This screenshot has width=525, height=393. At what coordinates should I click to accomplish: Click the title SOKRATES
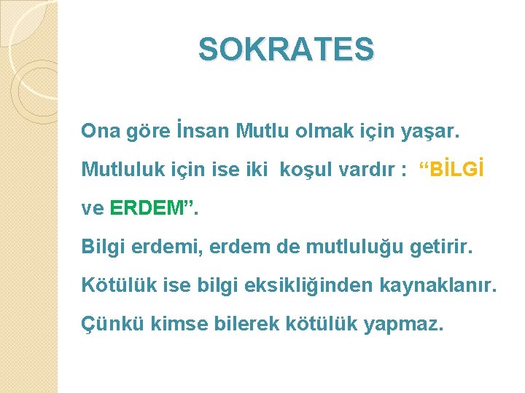point(286,49)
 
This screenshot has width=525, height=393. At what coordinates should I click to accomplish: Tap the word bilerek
point(242,325)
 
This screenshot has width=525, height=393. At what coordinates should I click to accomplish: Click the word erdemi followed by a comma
point(172,247)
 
